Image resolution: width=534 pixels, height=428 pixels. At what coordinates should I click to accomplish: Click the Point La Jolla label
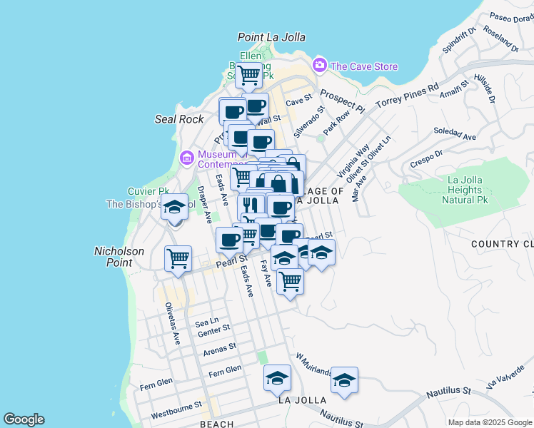click(271, 37)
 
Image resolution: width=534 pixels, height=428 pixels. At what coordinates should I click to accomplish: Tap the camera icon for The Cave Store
click(319, 66)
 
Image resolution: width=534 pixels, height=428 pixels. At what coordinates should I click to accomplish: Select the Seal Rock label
click(179, 119)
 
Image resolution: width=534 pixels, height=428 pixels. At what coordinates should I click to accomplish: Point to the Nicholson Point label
click(119, 257)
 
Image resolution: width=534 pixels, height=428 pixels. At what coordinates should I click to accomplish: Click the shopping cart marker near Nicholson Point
click(178, 258)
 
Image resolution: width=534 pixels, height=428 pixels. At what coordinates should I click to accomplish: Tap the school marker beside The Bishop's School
click(174, 208)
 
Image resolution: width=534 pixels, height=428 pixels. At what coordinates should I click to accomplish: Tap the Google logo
click(24, 419)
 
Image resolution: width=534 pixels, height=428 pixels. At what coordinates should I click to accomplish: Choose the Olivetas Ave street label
click(172, 323)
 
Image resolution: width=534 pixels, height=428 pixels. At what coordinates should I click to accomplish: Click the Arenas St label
click(219, 349)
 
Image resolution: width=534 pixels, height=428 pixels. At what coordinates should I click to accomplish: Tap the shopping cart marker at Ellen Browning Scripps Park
click(249, 74)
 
